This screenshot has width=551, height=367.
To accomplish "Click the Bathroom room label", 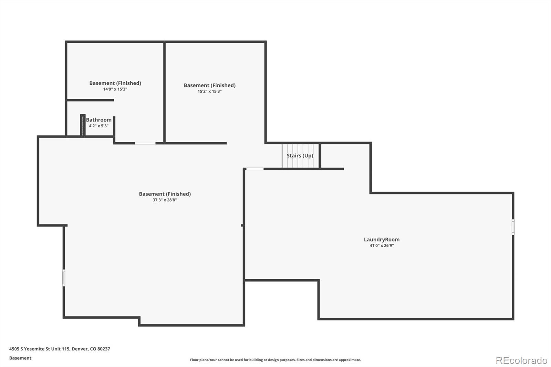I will click(98, 120).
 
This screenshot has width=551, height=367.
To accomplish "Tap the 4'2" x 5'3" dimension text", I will click(98, 126).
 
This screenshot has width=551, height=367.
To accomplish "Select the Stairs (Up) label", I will click(300, 156).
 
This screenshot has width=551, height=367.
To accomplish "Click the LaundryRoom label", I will click(382, 240).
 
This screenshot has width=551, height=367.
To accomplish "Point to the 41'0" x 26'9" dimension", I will click(382, 246).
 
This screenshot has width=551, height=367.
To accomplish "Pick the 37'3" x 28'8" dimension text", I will click(165, 200).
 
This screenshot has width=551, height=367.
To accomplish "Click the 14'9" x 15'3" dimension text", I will click(115, 89).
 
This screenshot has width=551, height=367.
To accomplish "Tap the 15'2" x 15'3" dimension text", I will click(209, 92).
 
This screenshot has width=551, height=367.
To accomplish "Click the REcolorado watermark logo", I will click(521, 360).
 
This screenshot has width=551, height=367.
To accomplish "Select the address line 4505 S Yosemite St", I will click(60, 349).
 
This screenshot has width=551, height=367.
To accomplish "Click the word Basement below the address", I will click(20, 358).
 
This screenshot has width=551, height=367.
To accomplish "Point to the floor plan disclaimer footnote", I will click(275, 360).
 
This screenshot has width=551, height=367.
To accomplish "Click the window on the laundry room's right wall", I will click(513, 227).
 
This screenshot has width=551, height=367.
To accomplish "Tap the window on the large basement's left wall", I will click(64, 277).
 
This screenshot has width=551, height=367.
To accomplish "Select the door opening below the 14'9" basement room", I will click(145, 143).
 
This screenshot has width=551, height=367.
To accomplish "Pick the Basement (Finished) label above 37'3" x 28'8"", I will click(165, 194).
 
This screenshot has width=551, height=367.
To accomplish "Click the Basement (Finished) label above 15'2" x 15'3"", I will click(209, 85).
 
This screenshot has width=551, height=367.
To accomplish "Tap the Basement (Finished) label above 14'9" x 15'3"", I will click(115, 83).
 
